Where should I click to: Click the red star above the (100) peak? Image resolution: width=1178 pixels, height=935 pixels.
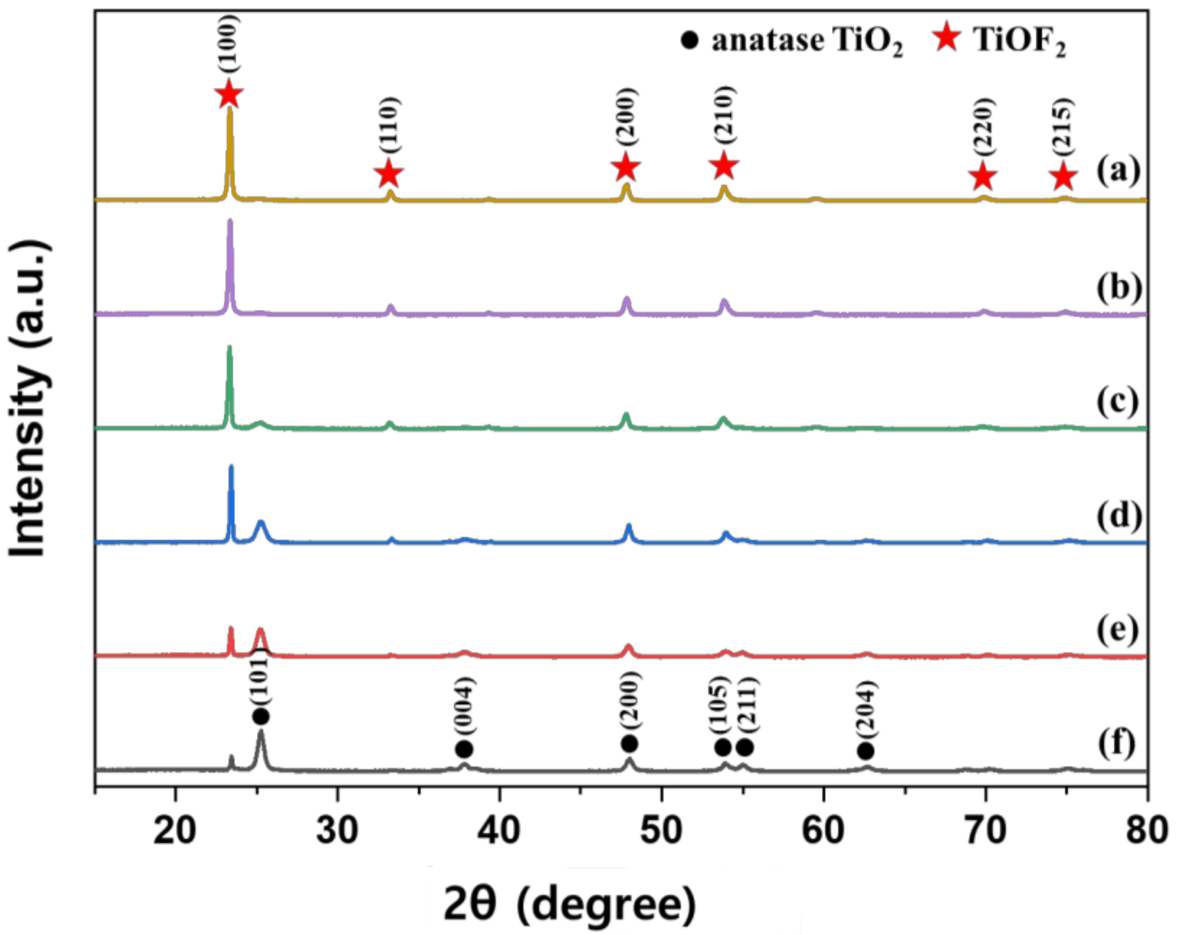pos(229,94)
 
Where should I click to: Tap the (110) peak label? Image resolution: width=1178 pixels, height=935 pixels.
pos(390,126)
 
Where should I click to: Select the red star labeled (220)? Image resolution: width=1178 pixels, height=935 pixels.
pos(983,177)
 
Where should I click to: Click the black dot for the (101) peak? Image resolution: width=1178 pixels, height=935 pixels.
pos(261,716)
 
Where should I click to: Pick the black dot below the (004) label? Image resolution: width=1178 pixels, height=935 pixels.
pos(464,749)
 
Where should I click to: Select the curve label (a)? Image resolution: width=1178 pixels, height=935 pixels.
pos(1118,171)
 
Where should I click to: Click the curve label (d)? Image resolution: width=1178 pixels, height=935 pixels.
pos(1118,516)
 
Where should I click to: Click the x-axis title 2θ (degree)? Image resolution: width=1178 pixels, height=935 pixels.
pos(570,904)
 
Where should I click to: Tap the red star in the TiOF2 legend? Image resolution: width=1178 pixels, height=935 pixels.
pos(947,39)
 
